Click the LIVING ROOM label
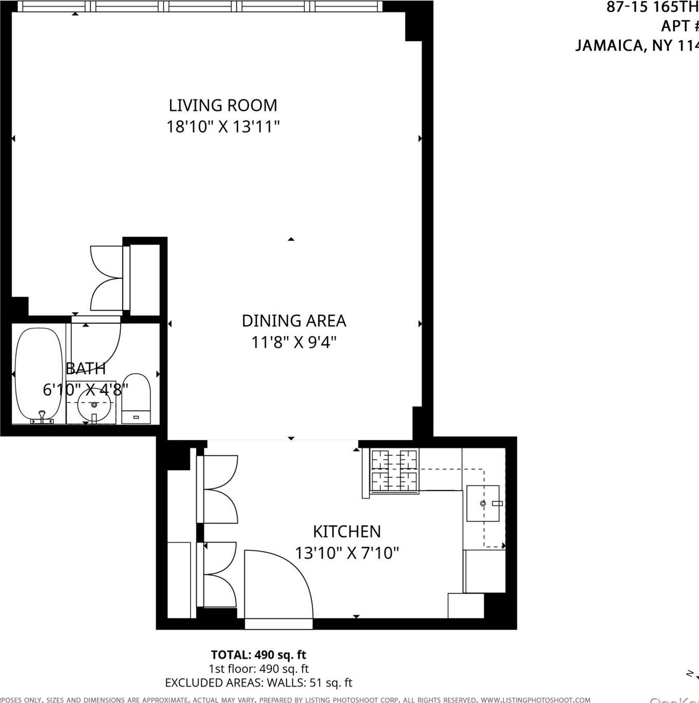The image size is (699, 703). click(x=223, y=105)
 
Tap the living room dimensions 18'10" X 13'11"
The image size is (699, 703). click(x=223, y=127)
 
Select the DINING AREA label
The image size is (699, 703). click(x=294, y=321)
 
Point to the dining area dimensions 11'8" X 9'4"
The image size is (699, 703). click(x=294, y=342)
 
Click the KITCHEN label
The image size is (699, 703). click(x=347, y=532)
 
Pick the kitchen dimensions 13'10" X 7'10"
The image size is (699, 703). click(x=347, y=553)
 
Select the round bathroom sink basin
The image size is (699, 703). click(x=94, y=404)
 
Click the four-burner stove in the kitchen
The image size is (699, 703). click(x=394, y=471)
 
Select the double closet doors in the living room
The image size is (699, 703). click(x=107, y=277)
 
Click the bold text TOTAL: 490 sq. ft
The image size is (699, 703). click(x=258, y=655)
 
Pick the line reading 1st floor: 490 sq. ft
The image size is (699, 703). click(x=258, y=669)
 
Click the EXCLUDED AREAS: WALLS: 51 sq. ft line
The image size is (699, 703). click(x=258, y=682)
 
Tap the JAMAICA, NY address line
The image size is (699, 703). click(x=636, y=46)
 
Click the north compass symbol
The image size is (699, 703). click(x=692, y=674)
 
